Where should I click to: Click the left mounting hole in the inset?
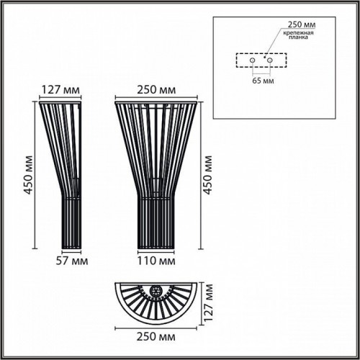pyautogui.click(x=253, y=60)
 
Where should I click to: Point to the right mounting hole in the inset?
pyautogui.click(x=270, y=60)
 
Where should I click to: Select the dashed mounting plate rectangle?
pyautogui.click(x=261, y=60)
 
